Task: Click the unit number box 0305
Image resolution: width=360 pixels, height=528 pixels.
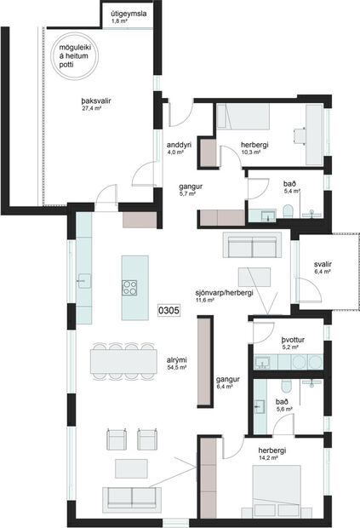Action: pyautogui.click(x=169, y=312)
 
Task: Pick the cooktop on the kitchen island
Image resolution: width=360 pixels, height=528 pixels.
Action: pyautogui.click(x=129, y=288)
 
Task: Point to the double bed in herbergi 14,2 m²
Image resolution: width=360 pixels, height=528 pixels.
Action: pyautogui.click(x=279, y=489)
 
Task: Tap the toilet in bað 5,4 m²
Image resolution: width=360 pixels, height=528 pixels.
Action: pyautogui.click(x=288, y=211)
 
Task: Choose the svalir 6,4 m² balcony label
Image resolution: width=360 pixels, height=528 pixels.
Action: pyautogui.click(x=322, y=268)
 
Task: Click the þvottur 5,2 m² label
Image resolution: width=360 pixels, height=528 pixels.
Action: pyautogui.click(x=294, y=343)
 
